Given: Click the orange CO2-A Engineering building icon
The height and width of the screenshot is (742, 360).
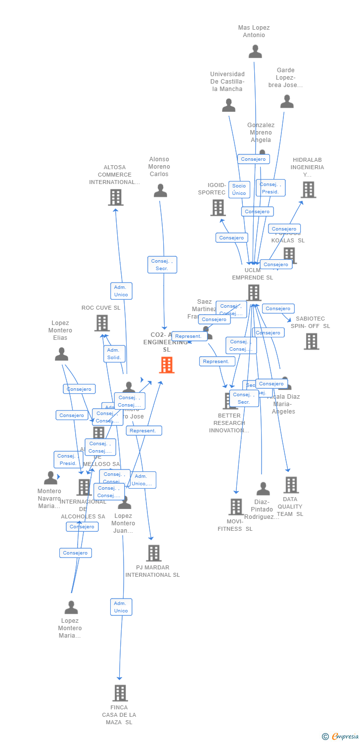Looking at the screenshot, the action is click(167, 365).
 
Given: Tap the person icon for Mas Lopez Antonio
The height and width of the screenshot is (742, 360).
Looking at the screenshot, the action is click(255, 51).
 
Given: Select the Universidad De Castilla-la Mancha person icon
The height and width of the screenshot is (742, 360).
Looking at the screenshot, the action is click(228, 105).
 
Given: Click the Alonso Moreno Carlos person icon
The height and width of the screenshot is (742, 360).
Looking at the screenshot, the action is click(160, 191).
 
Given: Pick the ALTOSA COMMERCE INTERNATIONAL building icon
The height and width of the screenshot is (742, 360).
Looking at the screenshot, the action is click(115, 197).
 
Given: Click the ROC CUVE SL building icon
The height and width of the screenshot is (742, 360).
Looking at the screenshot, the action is click(102, 323).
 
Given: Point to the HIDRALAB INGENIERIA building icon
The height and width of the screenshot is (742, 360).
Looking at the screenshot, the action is click(308, 189).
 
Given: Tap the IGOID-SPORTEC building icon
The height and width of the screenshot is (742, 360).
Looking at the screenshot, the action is click(218, 208).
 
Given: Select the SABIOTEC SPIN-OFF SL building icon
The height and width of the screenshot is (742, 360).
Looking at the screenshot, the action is click(312, 341).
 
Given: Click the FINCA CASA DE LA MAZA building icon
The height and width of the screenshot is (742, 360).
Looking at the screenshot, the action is click(120, 693).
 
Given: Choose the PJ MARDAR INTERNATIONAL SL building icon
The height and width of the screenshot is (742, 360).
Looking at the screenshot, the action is click(153, 553).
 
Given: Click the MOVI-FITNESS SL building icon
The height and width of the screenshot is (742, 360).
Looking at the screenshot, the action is click(236, 507).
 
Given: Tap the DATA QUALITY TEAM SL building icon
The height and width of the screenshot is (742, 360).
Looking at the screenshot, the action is click(291, 485).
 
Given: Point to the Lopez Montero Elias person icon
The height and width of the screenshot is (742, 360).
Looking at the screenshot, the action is click(61, 354).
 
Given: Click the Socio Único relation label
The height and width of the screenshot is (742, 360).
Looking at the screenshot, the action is click(239, 189).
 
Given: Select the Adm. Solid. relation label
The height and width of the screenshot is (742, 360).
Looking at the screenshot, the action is click(114, 354).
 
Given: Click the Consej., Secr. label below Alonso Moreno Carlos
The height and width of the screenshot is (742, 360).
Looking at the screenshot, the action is click(162, 265).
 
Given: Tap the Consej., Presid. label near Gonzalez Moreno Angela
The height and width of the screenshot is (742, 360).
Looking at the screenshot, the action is click(270, 188).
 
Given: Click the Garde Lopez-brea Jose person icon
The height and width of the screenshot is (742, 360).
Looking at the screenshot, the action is click(287, 102).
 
